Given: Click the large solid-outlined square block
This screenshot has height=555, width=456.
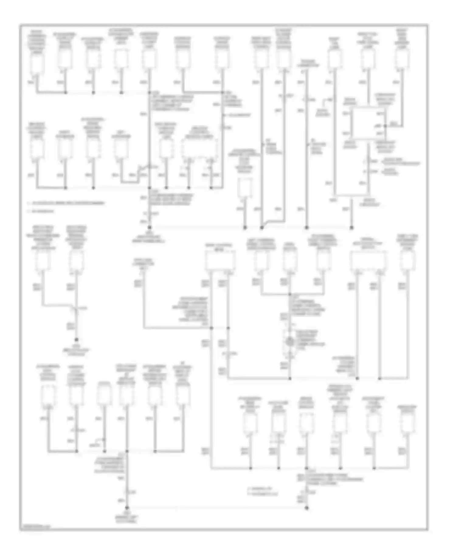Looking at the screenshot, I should (368, 124).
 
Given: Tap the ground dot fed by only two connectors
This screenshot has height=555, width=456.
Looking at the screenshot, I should (77, 339).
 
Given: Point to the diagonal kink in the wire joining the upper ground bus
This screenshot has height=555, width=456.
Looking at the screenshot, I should (264, 225).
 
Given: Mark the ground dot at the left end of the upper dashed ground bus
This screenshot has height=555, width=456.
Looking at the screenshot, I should (149, 227).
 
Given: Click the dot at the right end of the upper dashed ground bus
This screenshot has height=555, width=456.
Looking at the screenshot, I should (351, 227).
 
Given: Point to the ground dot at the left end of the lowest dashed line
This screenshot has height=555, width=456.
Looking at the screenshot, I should (127, 507).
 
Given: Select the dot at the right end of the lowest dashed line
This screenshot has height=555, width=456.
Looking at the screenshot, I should (307, 507).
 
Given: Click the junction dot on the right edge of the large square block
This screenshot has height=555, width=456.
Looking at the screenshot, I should (385, 125).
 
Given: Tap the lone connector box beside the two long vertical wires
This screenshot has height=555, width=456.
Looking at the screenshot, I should (244, 187).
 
